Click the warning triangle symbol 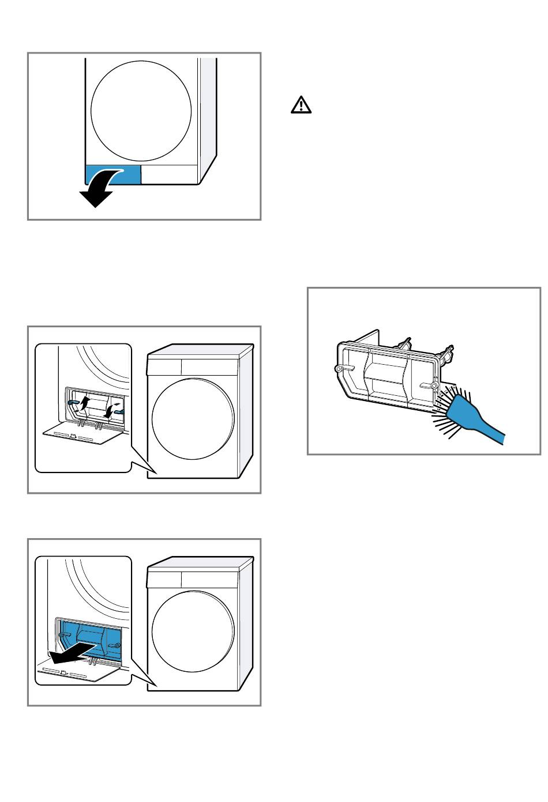tap(300, 105)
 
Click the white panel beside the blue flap tap(170, 175)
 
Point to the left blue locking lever tap(74, 402)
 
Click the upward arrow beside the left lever tap(85, 401)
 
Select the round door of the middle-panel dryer tap(193, 419)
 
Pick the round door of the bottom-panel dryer tap(193, 631)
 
